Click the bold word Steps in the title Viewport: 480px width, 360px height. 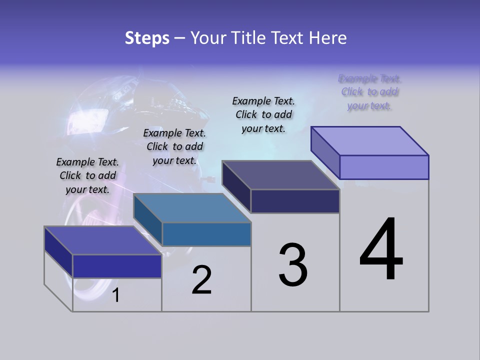(147, 38)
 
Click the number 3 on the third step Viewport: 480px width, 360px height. (293, 265)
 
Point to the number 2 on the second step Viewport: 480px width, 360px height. (201, 280)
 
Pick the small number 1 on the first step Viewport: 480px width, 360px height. (115, 295)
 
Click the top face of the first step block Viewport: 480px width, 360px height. (102, 240)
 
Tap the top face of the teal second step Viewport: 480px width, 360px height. (192, 208)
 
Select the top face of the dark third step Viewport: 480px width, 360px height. (280, 175)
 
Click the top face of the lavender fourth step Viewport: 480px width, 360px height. (369, 141)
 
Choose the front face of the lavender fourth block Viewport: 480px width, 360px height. (384, 167)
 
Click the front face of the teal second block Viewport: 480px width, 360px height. (206, 234)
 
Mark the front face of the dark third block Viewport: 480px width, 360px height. (295, 201)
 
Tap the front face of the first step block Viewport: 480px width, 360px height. (117, 266)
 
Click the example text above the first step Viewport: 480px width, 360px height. (87, 176)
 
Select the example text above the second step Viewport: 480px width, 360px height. (174, 147)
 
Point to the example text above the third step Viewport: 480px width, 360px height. (263, 115)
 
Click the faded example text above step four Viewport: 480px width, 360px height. (369, 92)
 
